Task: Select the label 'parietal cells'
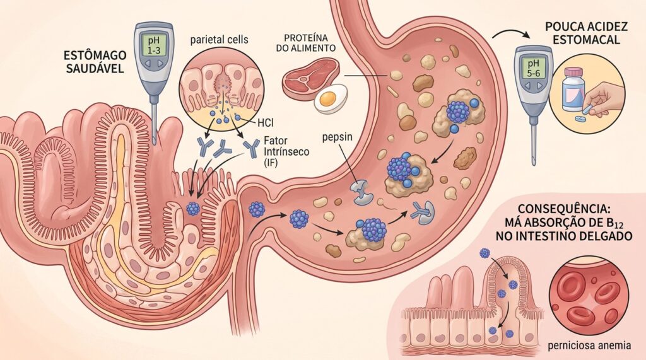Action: (x=219, y=40)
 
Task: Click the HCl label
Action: (x=266, y=122)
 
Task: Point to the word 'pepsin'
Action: (x=337, y=136)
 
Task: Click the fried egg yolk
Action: (x=327, y=98)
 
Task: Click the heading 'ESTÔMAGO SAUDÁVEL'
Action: (x=95, y=62)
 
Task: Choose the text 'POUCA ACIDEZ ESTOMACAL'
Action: (x=586, y=33)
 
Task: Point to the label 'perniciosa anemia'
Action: (x=589, y=345)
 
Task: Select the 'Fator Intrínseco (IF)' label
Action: (x=286, y=151)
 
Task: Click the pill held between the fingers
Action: (x=590, y=108)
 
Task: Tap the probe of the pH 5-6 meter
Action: (x=534, y=142)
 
